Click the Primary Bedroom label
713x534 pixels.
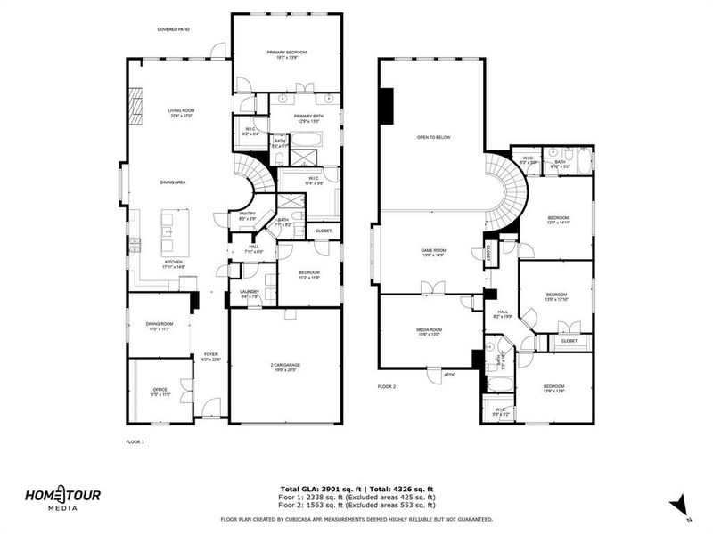[286, 53]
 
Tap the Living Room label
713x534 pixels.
[181, 112]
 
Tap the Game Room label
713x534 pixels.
[433, 251]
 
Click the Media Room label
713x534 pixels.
[430, 330]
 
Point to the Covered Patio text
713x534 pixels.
[174, 29]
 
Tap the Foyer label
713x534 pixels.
[210, 356]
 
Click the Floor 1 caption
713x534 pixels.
[135, 441]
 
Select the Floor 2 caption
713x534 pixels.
[386, 386]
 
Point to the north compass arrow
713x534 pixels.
[681, 504]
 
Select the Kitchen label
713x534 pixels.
[173, 263]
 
